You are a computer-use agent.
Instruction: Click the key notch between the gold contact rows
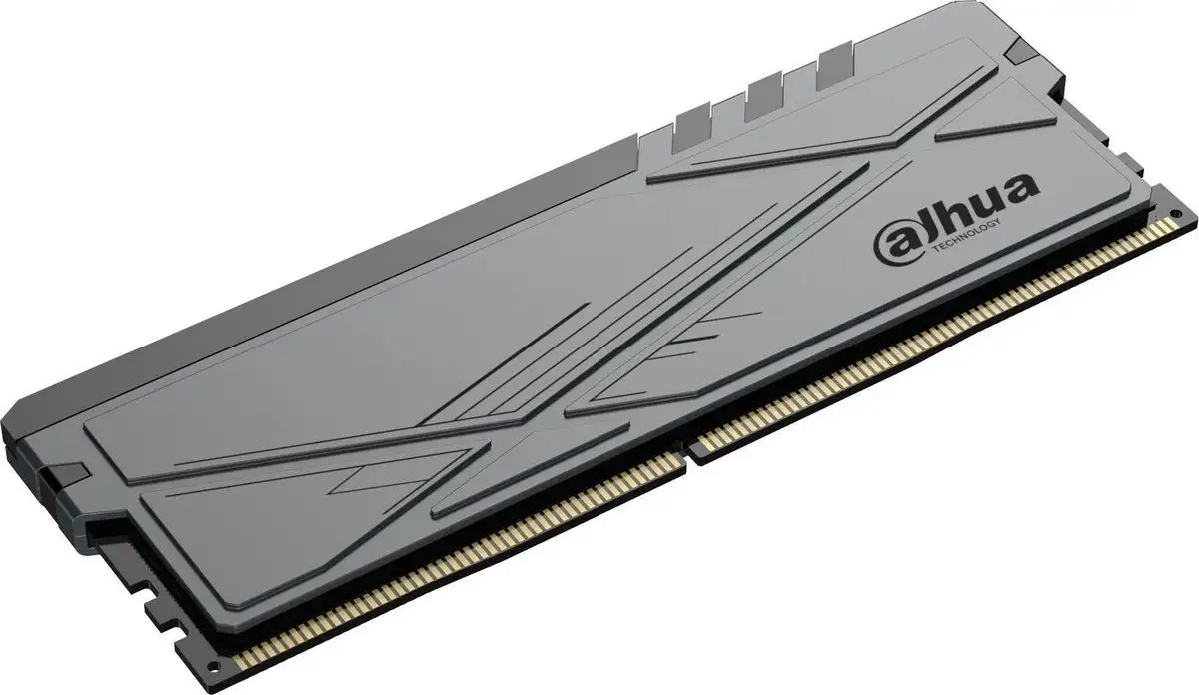(x=690, y=445)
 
